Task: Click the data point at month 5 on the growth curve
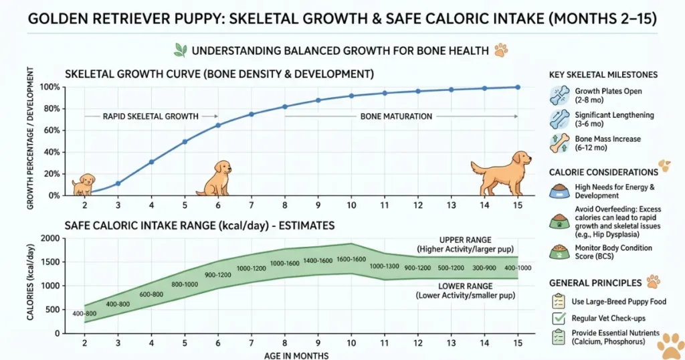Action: pyautogui.click(x=185, y=141)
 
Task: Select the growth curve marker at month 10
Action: pyautogui.click(x=351, y=96)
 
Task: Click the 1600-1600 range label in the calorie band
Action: pyautogui.click(x=351, y=259)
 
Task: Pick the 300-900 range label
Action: pyautogui.click(x=484, y=268)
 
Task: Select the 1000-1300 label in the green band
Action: pyautogui.click(x=385, y=266)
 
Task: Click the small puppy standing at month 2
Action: pyautogui.click(x=84, y=183)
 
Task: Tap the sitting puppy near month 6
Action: pyautogui.click(x=215, y=178)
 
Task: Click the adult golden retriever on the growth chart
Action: pyautogui.click(x=501, y=173)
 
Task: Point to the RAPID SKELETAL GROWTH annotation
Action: pyautogui.click(x=151, y=116)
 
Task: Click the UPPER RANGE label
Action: pyautogui.click(x=465, y=240)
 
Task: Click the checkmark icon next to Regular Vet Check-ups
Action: pyautogui.click(x=558, y=319)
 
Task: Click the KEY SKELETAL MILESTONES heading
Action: pyautogui.click(x=603, y=74)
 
